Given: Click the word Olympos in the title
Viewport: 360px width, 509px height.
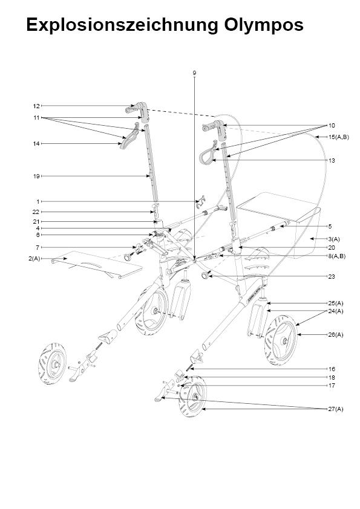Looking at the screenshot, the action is pyautogui.click(x=264, y=25).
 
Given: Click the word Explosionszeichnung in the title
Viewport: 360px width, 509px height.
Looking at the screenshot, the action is pyautogui.click(x=122, y=25).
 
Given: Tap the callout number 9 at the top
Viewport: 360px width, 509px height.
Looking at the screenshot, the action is pyautogui.click(x=194, y=73).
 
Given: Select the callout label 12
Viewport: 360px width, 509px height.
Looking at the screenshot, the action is pyautogui.click(x=36, y=106).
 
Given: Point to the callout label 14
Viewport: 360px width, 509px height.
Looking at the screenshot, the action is pyautogui.click(x=36, y=143).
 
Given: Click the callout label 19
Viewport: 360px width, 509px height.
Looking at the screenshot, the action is pyautogui.click(x=36, y=177).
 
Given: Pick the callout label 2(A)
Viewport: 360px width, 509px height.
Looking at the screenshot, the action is pyautogui.click(x=34, y=259).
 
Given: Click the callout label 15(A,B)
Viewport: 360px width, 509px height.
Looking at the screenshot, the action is pyautogui.click(x=339, y=137).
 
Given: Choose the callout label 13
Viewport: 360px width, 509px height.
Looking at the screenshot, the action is pyautogui.click(x=332, y=160).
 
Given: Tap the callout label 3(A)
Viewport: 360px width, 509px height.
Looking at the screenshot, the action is pyautogui.click(x=334, y=239).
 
